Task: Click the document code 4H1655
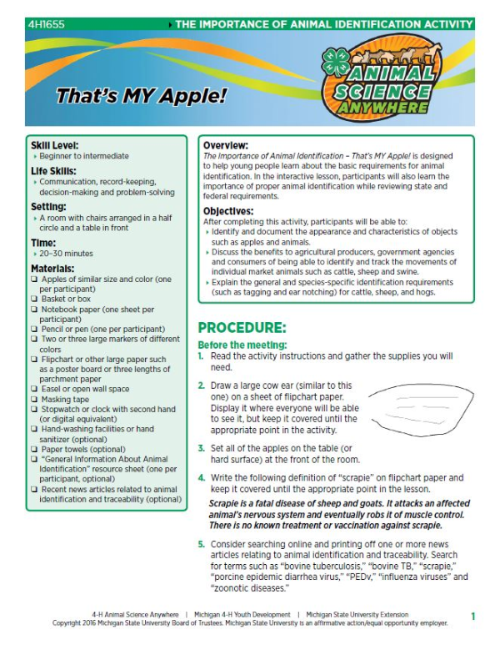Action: pos(42,24)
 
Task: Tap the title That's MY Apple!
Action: pos(142,95)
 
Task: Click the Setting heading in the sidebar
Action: pos(50,206)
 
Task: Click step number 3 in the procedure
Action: pos(201,448)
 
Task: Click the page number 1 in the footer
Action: pos(472,616)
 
